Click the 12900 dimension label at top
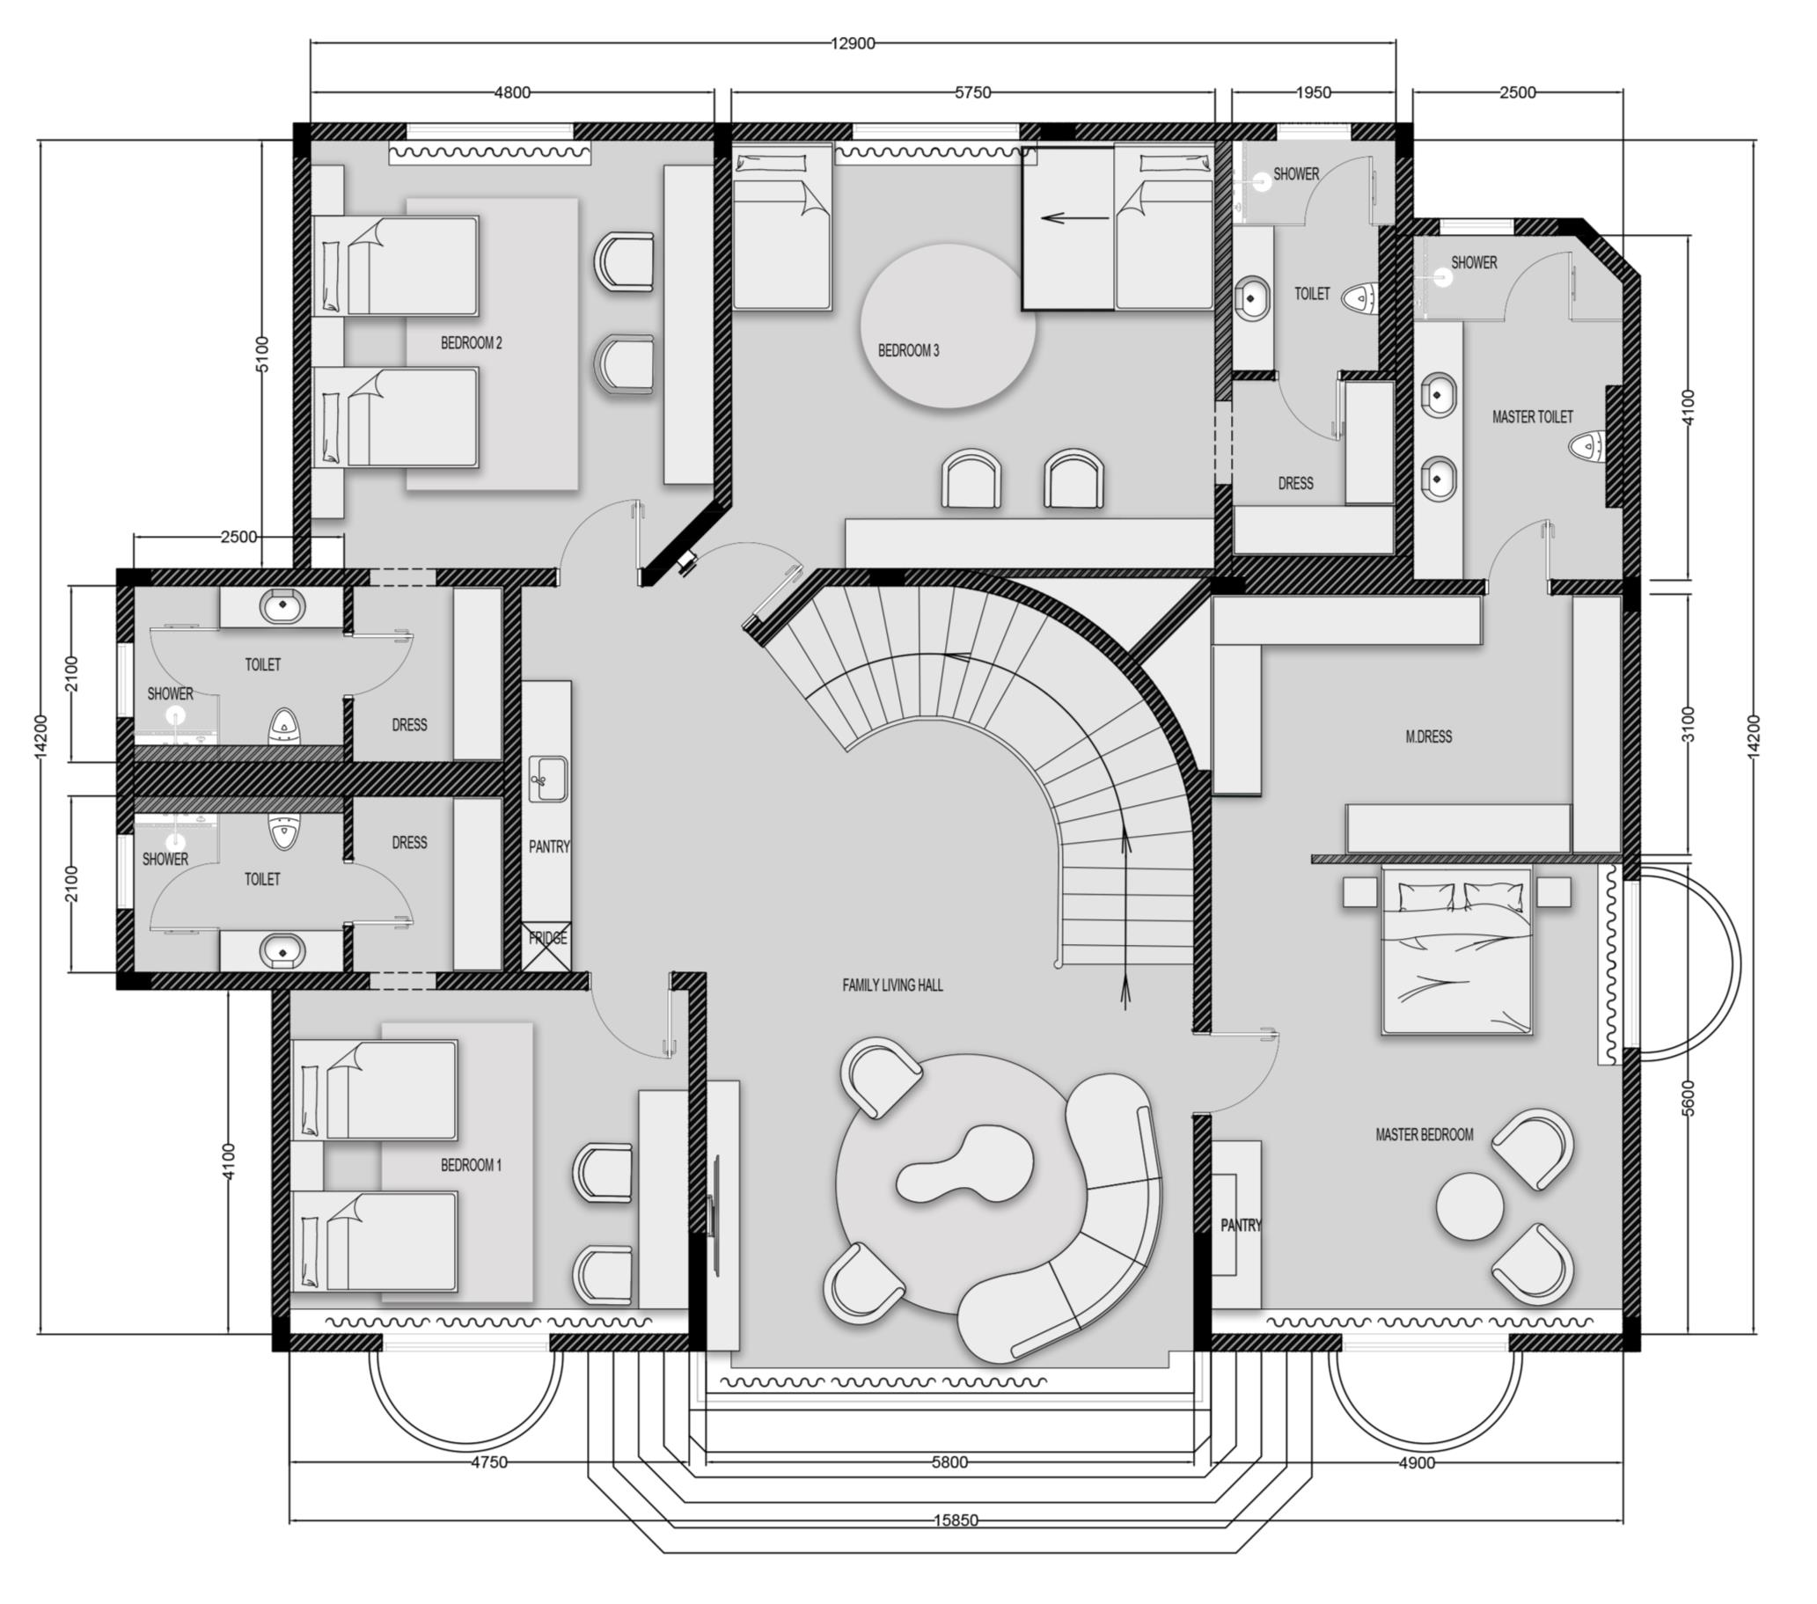(x=853, y=44)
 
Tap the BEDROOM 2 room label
(x=471, y=343)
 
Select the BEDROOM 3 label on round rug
(x=907, y=350)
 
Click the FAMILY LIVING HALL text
(x=892, y=985)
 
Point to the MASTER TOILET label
(x=1532, y=416)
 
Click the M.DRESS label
(x=1429, y=736)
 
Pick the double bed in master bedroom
(x=1457, y=951)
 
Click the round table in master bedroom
(x=1469, y=1205)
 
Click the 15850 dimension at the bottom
(x=955, y=1520)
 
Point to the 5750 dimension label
(x=971, y=92)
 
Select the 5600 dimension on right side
(x=1689, y=1097)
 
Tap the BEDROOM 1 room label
(x=471, y=1165)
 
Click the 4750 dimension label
(x=488, y=1461)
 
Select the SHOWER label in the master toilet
(x=1473, y=262)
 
